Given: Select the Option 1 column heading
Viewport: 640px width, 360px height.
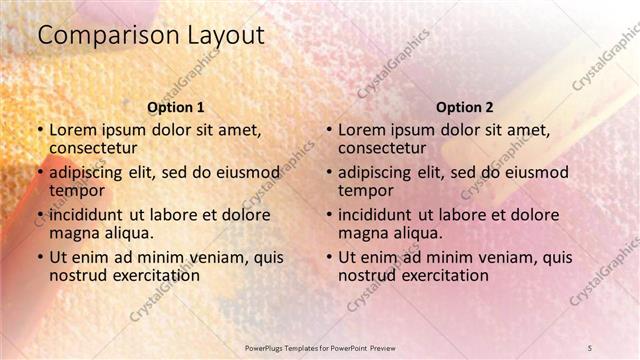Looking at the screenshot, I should click(x=176, y=107).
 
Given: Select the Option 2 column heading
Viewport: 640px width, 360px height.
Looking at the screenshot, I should click(x=465, y=107).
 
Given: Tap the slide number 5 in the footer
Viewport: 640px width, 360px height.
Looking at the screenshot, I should click(x=590, y=346).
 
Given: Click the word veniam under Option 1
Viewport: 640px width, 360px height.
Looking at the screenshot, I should click(x=216, y=256).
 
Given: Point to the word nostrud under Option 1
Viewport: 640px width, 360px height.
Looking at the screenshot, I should click(x=77, y=275).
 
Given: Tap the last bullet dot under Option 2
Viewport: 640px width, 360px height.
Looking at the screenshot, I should click(x=329, y=257).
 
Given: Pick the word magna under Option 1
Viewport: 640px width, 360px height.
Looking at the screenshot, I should click(x=74, y=233).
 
